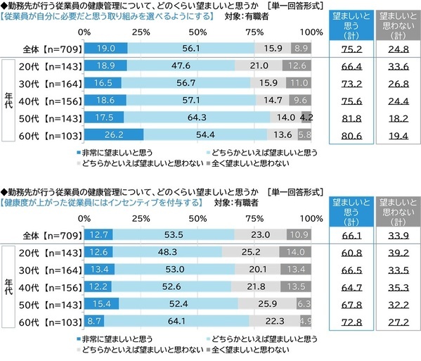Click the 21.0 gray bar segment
tap(260, 65)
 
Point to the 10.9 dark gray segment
tap(299, 234)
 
